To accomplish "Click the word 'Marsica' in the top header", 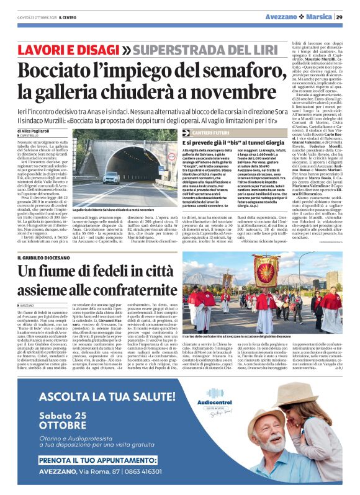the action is (x=317, y=17).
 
